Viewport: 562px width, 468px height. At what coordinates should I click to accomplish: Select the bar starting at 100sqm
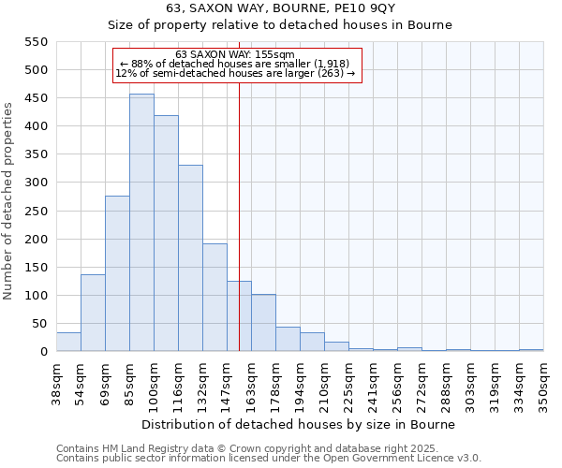166,234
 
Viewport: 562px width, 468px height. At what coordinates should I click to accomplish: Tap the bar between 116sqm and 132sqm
190,258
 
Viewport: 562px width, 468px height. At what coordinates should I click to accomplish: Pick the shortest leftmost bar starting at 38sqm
68,343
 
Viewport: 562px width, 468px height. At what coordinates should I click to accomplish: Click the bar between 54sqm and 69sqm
93,313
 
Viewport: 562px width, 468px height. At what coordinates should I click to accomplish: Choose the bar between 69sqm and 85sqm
117,273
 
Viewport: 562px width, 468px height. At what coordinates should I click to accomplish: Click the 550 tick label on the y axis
36,42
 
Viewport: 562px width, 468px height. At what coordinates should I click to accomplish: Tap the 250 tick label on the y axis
36,212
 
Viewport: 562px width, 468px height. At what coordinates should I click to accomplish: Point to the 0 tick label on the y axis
43,352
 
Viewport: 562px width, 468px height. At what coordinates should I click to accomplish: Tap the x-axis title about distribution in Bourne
299,424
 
